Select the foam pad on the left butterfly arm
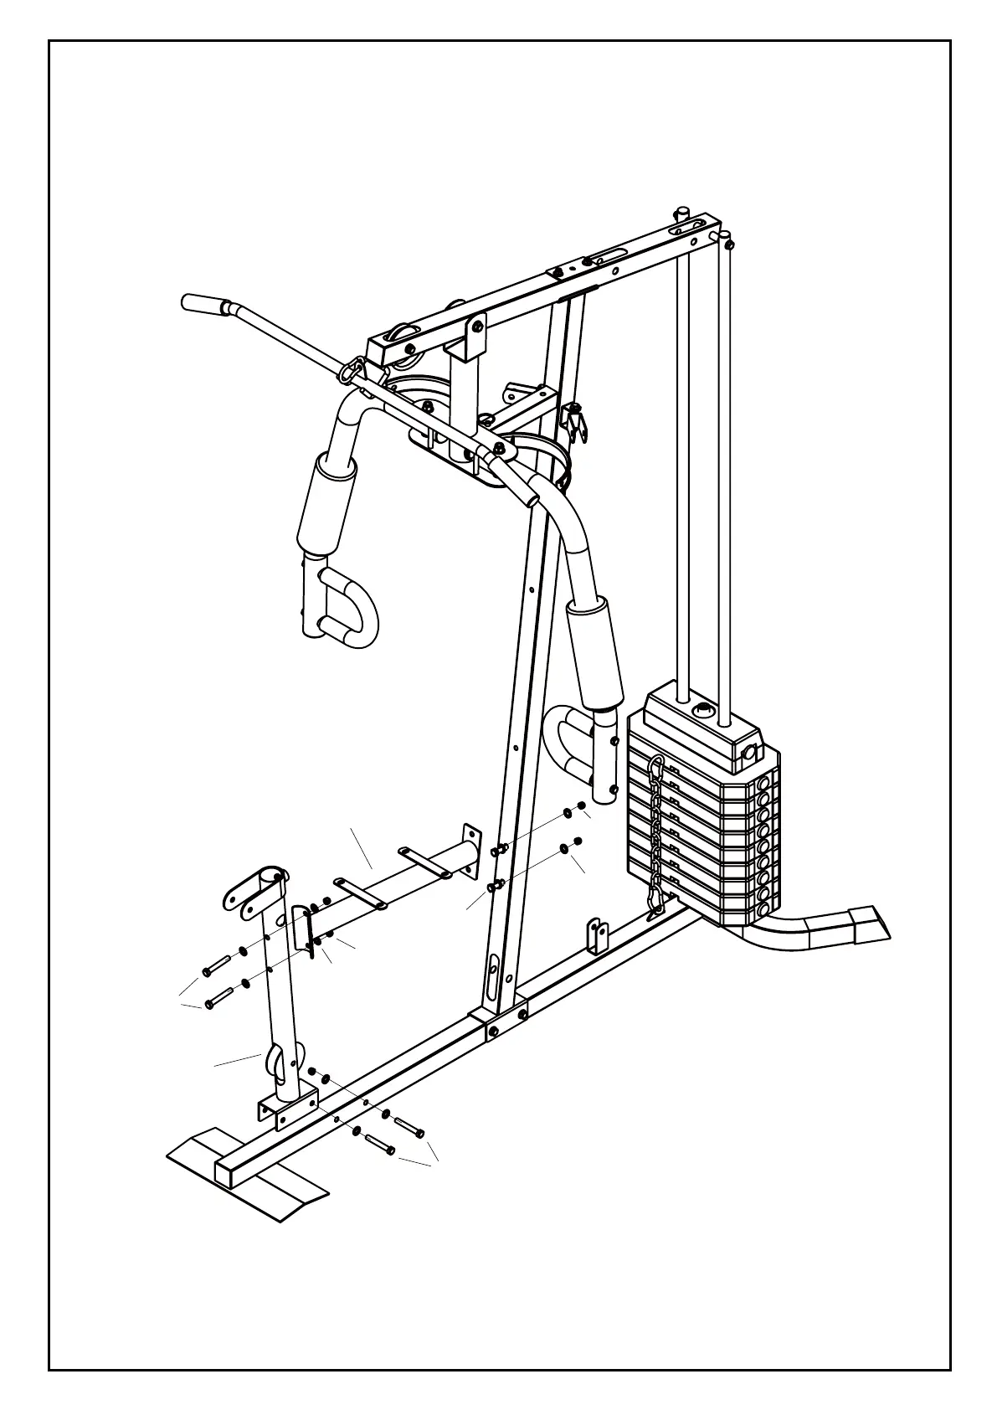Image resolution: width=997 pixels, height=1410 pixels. click(326, 502)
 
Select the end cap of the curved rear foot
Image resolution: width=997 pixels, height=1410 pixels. click(871, 924)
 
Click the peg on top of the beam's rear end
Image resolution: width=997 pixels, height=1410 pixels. click(683, 213)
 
